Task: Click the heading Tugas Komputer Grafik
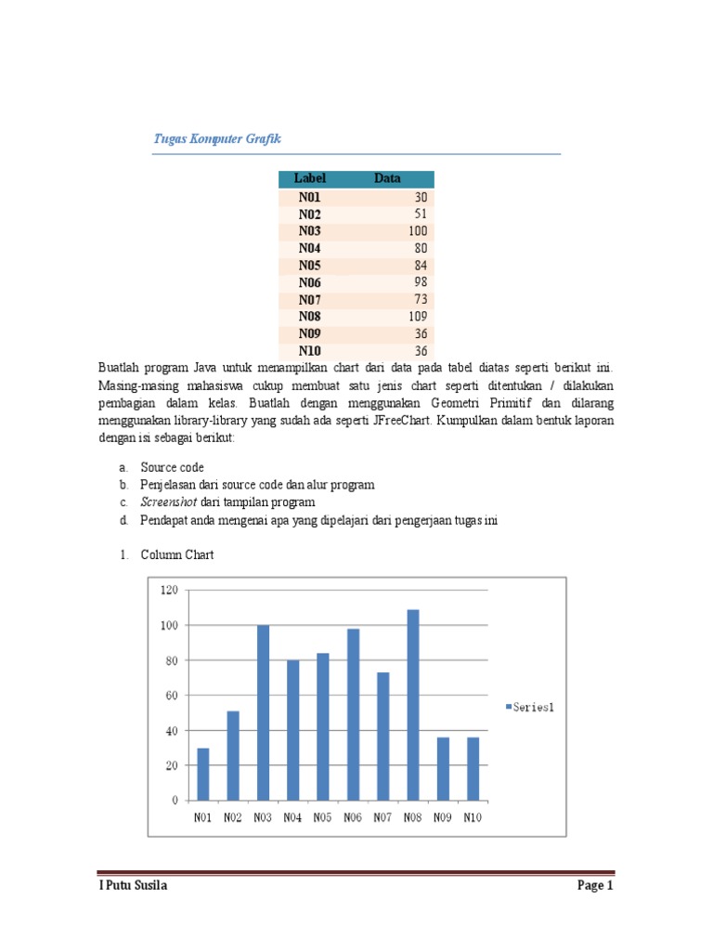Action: click(216, 139)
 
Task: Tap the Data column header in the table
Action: click(387, 178)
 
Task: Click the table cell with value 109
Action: click(417, 316)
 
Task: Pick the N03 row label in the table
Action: click(310, 230)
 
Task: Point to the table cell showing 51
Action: click(421, 214)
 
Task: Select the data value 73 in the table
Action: click(421, 299)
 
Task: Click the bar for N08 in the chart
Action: click(413, 705)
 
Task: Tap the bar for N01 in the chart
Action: click(203, 774)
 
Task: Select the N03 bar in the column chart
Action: click(263, 712)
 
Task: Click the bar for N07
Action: click(383, 736)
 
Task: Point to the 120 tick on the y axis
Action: click(169, 591)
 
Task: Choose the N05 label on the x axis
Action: click(322, 818)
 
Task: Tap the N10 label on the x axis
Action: click(473, 818)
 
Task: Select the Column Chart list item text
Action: click(177, 555)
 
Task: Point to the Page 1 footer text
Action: click(595, 886)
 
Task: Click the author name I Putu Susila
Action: click(134, 886)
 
